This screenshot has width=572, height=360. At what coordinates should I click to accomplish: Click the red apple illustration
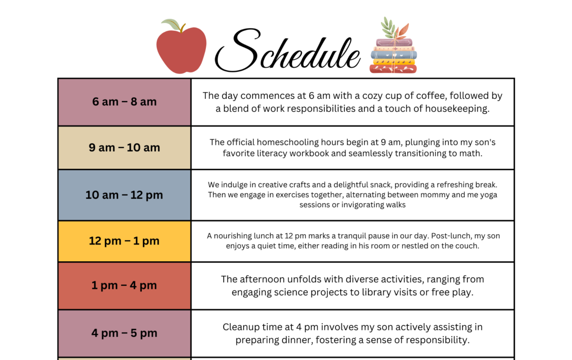(181, 50)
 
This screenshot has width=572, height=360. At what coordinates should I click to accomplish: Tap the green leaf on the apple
(171, 24)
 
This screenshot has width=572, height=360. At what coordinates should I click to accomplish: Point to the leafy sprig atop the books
(393, 28)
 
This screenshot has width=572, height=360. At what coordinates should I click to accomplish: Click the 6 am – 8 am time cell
(124, 102)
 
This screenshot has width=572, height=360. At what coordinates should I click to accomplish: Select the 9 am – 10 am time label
(124, 148)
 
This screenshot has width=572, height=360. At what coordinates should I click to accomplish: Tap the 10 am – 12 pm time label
(124, 195)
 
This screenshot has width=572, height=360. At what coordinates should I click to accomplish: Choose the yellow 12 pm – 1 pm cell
(124, 241)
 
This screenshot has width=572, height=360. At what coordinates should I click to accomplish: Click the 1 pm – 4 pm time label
(124, 286)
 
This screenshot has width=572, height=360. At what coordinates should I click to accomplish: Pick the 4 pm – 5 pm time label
(124, 333)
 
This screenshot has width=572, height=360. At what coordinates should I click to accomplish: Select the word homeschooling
(287, 142)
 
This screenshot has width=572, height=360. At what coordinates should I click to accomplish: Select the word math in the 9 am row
(470, 153)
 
